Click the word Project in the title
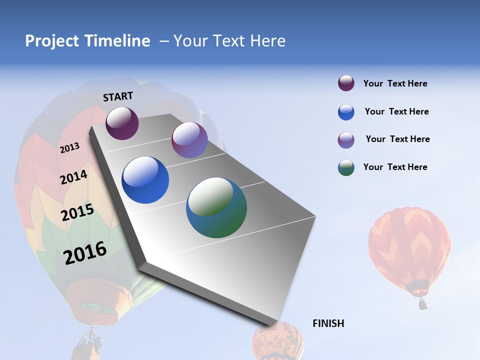tap(52, 41)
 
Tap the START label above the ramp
tap(118, 96)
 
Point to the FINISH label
tap(328, 323)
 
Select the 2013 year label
tap(70, 147)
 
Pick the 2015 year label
tap(77, 212)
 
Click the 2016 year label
tap(85, 252)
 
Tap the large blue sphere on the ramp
tap(145, 180)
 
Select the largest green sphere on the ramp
tap(216, 207)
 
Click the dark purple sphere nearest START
tap(122, 123)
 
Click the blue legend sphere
tap(346, 112)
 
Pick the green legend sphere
tap(346, 167)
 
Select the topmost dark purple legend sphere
tap(346, 83)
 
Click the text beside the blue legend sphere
tap(396, 111)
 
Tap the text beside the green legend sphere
tap(395, 167)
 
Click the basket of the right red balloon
tap(423, 303)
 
